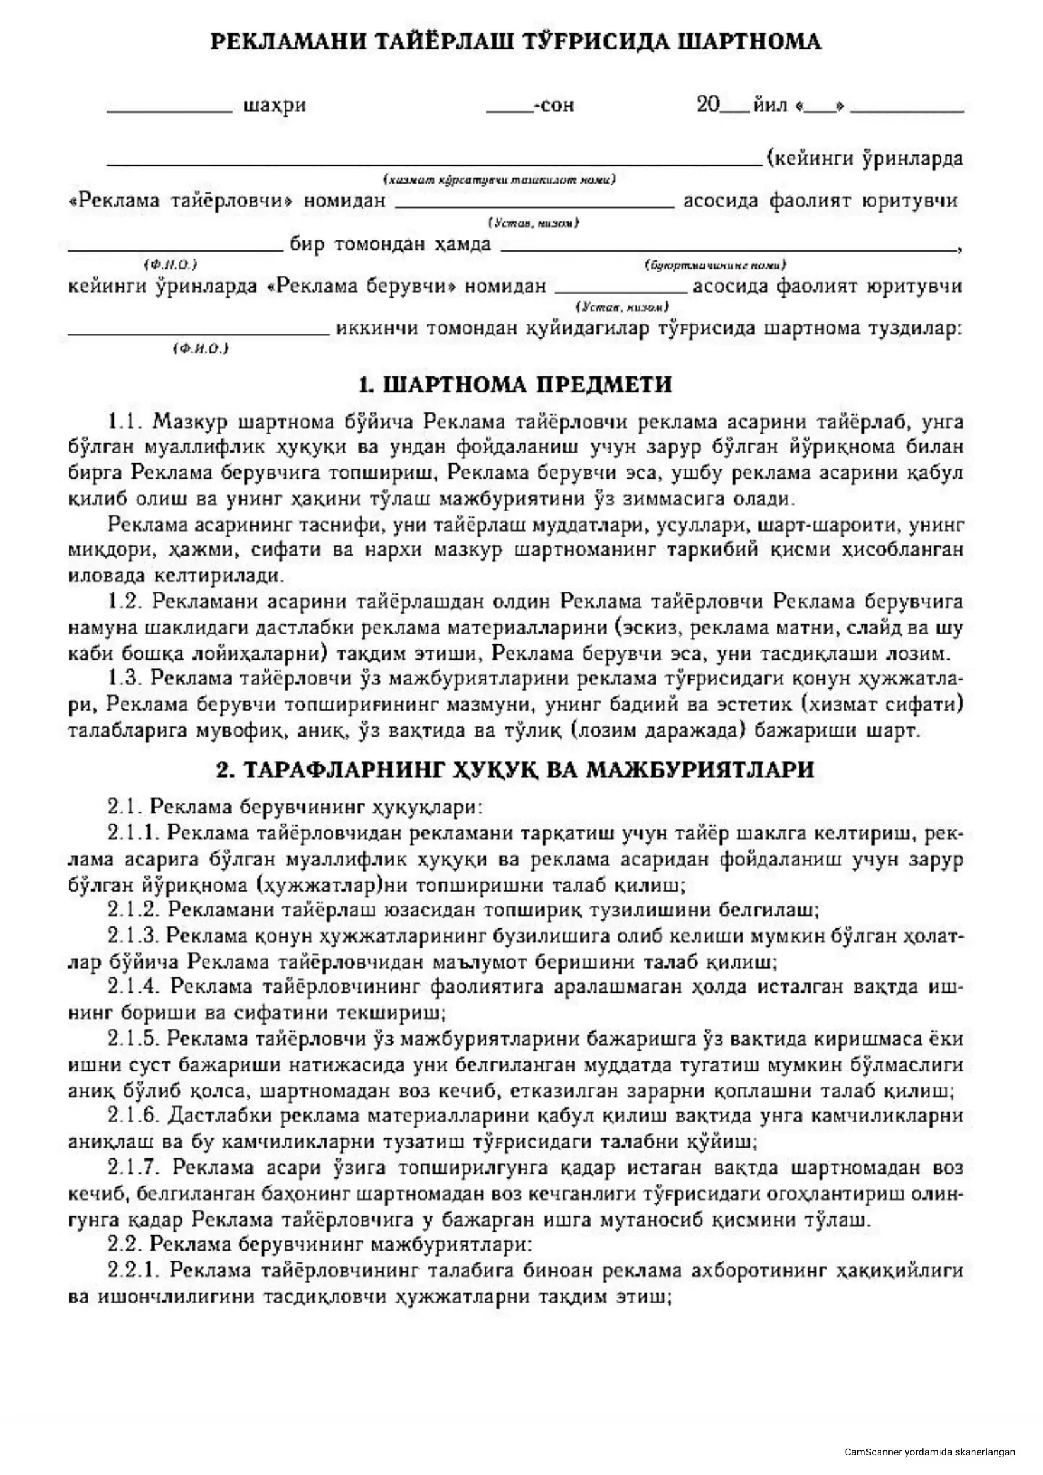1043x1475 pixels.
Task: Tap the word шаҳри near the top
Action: click(x=274, y=105)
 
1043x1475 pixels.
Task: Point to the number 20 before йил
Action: click(x=708, y=104)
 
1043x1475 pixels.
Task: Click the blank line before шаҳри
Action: click(x=170, y=110)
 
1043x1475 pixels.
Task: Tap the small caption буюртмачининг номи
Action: click(x=715, y=265)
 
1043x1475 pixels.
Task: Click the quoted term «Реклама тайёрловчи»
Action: click(x=180, y=201)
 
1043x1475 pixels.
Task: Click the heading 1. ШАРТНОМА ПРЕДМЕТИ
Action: click(x=515, y=385)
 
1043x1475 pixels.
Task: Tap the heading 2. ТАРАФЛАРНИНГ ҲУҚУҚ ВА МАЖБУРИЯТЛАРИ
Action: click(x=515, y=770)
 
